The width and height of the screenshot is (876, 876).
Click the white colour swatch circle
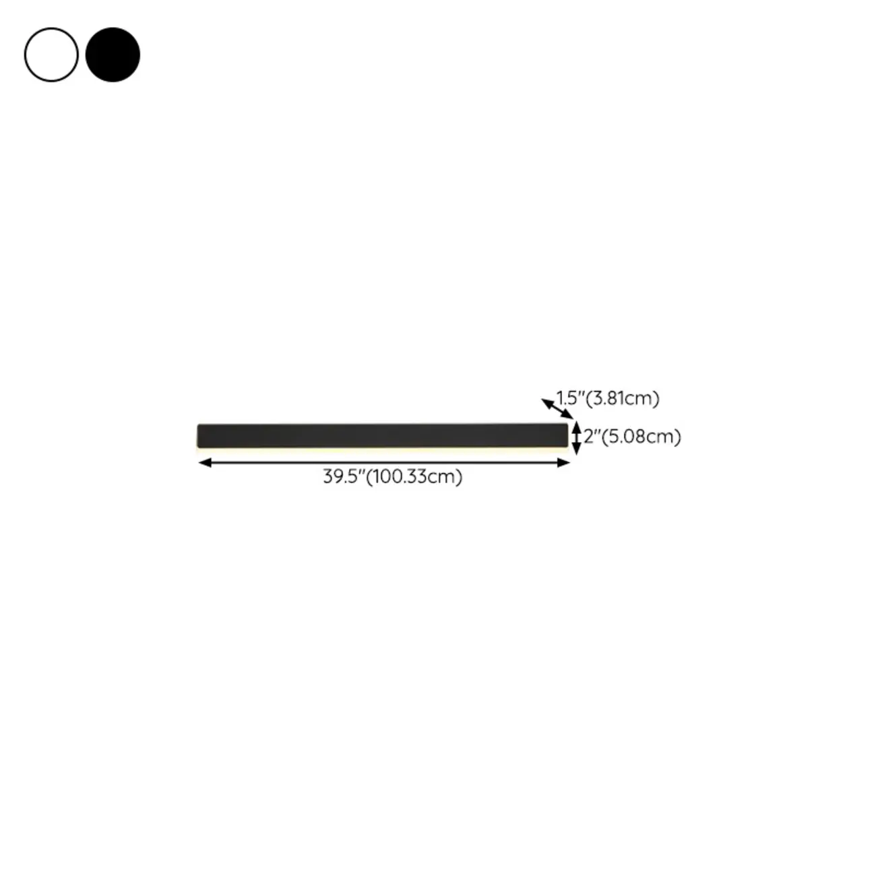(51, 55)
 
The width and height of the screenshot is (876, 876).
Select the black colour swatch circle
(113, 55)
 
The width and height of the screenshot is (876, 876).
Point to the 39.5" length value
(343, 477)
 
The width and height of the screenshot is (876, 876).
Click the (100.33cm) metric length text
(414, 477)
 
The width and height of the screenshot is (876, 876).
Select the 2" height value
(592, 437)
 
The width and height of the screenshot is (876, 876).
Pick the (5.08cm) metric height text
(641, 437)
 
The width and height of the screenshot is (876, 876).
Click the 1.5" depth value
(569, 398)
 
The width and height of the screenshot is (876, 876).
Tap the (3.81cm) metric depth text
(622, 398)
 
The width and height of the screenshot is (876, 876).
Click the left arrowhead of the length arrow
(203, 462)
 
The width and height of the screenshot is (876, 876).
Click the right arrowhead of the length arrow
(566, 462)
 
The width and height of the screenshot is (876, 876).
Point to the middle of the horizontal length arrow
(384, 462)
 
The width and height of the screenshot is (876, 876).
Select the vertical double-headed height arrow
(576, 437)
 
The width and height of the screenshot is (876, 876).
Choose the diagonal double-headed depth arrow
(557, 408)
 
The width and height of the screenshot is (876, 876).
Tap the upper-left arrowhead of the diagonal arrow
(545, 402)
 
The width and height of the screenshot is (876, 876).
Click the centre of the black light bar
(383, 435)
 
